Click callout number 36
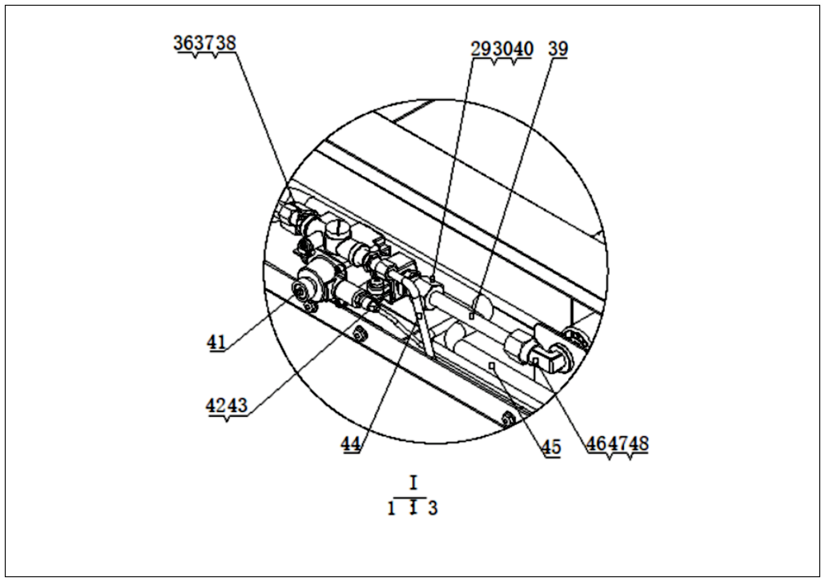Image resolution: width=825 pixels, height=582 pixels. pyautogui.click(x=184, y=43)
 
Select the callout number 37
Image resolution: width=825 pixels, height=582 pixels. pyautogui.click(x=205, y=43)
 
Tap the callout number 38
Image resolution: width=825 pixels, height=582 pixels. pyautogui.click(x=225, y=43)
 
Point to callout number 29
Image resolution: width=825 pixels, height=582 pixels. pyautogui.click(x=482, y=49)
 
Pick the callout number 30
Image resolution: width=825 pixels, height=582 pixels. pyautogui.click(x=502, y=49)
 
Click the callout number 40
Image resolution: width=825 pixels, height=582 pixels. pyautogui.click(x=523, y=49)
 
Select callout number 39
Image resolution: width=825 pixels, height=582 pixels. pyautogui.click(x=558, y=49)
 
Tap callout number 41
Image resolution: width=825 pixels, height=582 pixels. pyautogui.click(x=216, y=342)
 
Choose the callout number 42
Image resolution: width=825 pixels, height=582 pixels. pyautogui.click(x=216, y=406)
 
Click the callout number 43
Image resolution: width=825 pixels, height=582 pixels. pyautogui.click(x=237, y=406)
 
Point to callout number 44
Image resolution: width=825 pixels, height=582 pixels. pyautogui.click(x=350, y=445)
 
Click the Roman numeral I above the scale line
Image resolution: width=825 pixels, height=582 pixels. pyautogui.click(x=414, y=483)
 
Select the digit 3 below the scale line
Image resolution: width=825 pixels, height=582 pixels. pyautogui.click(x=433, y=508)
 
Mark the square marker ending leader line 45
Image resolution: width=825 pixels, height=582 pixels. pyautogui.click(x=493, y=366)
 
